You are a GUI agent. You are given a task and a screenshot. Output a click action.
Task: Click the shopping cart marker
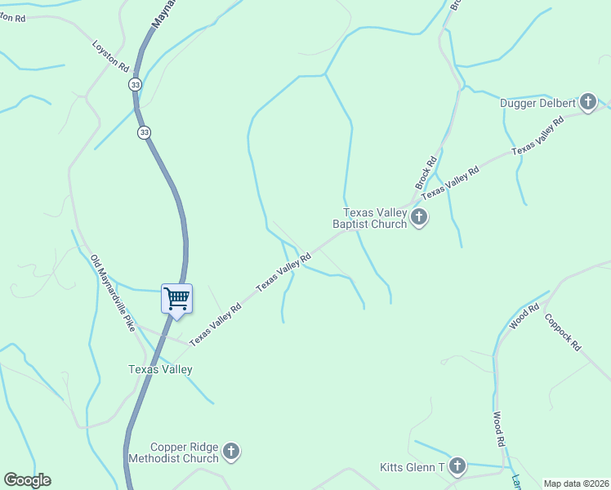(176, 298)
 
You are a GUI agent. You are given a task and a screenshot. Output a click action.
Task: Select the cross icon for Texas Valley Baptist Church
(419, 217)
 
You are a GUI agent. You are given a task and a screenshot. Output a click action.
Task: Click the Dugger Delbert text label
(537, 103)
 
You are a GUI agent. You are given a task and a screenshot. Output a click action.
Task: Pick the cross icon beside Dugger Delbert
(587, 102)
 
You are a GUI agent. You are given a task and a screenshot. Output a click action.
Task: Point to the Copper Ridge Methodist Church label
(185, 452)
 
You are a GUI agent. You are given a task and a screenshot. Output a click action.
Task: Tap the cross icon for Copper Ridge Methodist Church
(231, 452)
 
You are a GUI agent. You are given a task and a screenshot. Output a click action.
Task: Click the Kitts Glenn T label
(412, 468)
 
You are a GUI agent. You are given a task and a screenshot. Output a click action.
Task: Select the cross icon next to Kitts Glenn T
(457, 467)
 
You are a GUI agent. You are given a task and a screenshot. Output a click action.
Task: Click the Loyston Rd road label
(111, 55)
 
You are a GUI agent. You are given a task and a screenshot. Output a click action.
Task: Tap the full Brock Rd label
(428, 167)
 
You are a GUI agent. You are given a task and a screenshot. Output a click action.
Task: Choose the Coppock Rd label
(562, 332)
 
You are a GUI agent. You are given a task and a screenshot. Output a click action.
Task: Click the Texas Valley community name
(160, 369)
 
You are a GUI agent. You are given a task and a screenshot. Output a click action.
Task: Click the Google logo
(27, 480)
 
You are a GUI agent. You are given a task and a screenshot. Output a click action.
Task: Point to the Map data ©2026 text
(576, 483)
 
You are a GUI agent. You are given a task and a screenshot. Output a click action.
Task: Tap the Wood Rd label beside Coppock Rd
(524, 317)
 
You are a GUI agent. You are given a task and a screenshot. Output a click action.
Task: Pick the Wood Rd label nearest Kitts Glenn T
(497, 430)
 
